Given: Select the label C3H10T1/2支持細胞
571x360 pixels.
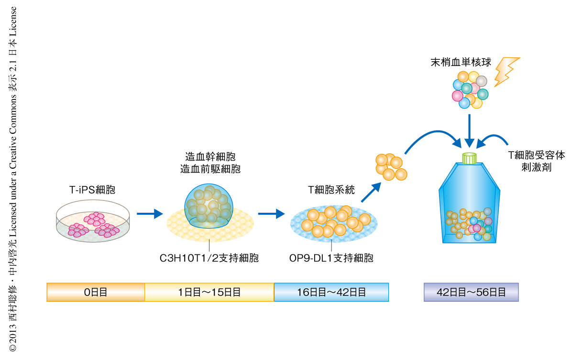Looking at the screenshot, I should click(209, 259).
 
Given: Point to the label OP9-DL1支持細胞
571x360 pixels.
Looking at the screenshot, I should click(331, 259).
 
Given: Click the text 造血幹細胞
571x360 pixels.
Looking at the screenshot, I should click(210, 157).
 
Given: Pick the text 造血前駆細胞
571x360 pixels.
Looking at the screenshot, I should click(210, 169).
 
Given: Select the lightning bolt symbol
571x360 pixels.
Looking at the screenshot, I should click(506, 71).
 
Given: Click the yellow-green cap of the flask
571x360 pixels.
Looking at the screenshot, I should click(469, 158).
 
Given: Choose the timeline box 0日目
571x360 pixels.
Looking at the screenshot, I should click(96, 292).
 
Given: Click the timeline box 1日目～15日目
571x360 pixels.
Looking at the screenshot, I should click(209, 292).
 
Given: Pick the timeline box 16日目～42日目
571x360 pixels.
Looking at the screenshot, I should click(331, 292).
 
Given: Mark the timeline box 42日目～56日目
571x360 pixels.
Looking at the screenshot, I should click(471, 292).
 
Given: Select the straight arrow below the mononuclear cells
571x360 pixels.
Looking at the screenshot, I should click(470, 129).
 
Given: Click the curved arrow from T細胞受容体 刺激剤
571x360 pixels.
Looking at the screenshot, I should click(493, 138).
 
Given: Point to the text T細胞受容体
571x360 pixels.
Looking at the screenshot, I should click(536, 156).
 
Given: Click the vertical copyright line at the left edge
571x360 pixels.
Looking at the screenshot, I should click(13, 179).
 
